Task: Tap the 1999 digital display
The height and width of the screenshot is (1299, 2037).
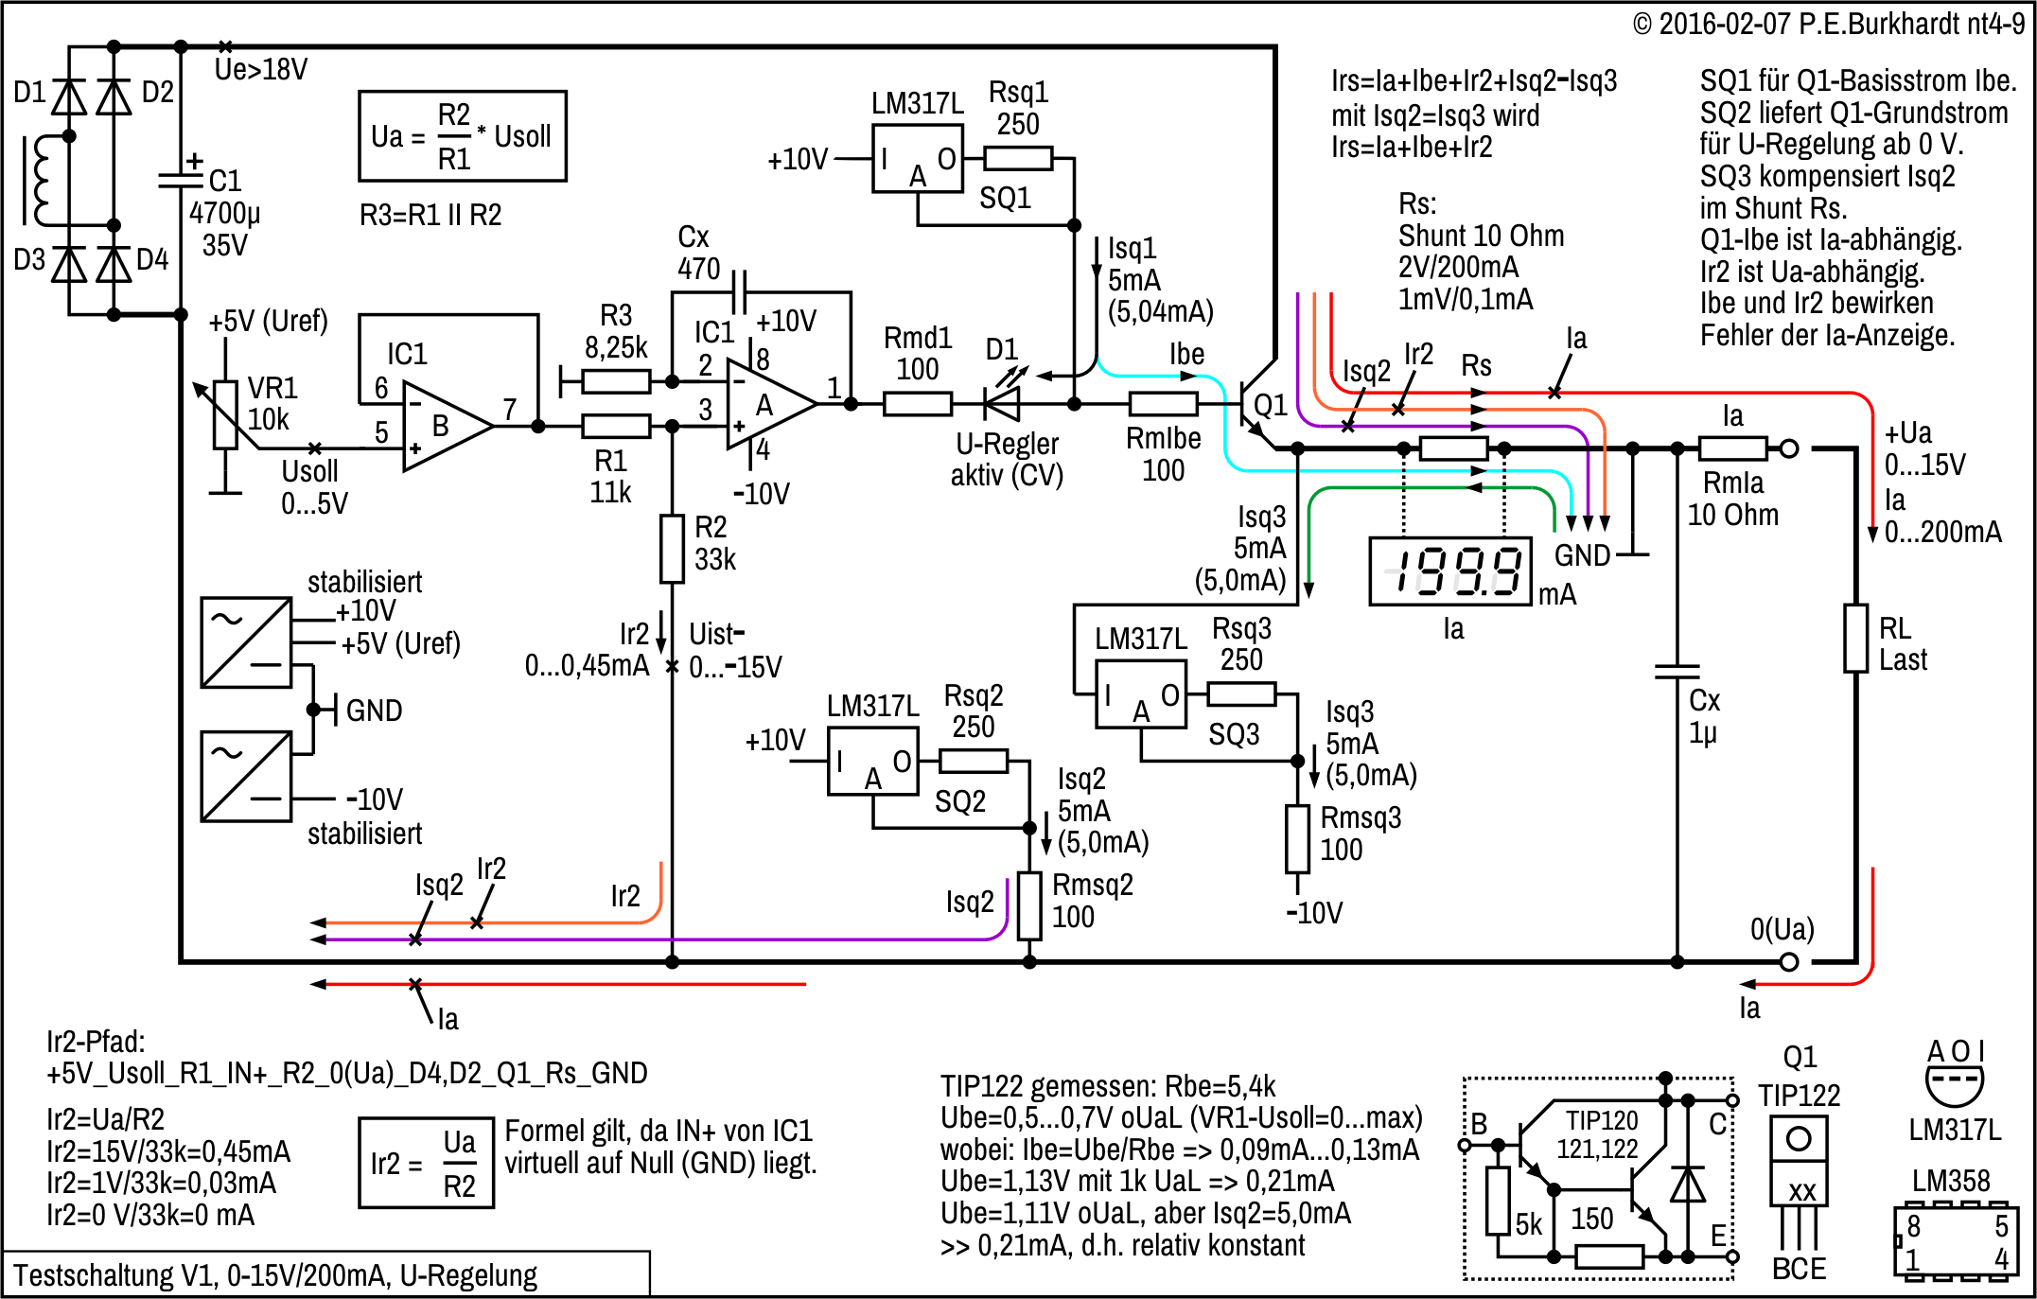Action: [x=1449, y=571]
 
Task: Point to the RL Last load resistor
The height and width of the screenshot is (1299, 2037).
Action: [x=1855, y=639]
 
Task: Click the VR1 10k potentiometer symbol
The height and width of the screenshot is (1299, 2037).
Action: [x=225, y=413]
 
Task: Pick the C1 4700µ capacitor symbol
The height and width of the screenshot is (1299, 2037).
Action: [x=181, y=178]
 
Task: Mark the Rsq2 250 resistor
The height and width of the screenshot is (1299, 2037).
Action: [x=974, y=761]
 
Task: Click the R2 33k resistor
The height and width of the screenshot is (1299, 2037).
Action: [x=672, y=549]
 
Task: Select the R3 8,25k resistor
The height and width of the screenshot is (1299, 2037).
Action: [x=616, y=382]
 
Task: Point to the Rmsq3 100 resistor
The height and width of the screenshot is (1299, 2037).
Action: [x=1297, y=838]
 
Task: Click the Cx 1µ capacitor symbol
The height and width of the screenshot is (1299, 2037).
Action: [x=1677, y=672]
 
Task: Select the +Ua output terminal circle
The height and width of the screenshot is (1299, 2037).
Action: [x=1788, y=449]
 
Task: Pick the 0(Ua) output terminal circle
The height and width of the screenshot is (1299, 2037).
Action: [x=1788, y=962]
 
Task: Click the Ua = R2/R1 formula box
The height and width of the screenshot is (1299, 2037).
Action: [x=463, y=136]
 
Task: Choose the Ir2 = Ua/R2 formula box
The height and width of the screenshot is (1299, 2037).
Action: [x=426, y=1162]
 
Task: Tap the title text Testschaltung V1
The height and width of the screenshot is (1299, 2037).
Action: [x=274, y=1275]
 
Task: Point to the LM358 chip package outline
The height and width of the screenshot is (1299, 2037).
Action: [x=1955, y=1241]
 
